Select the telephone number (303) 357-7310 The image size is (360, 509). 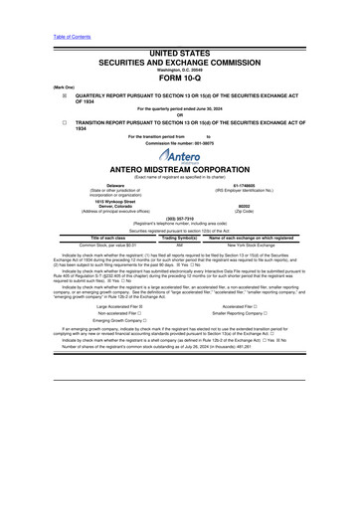click(x=180, y=226)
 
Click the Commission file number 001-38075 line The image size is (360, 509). click(x=180, y=142)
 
